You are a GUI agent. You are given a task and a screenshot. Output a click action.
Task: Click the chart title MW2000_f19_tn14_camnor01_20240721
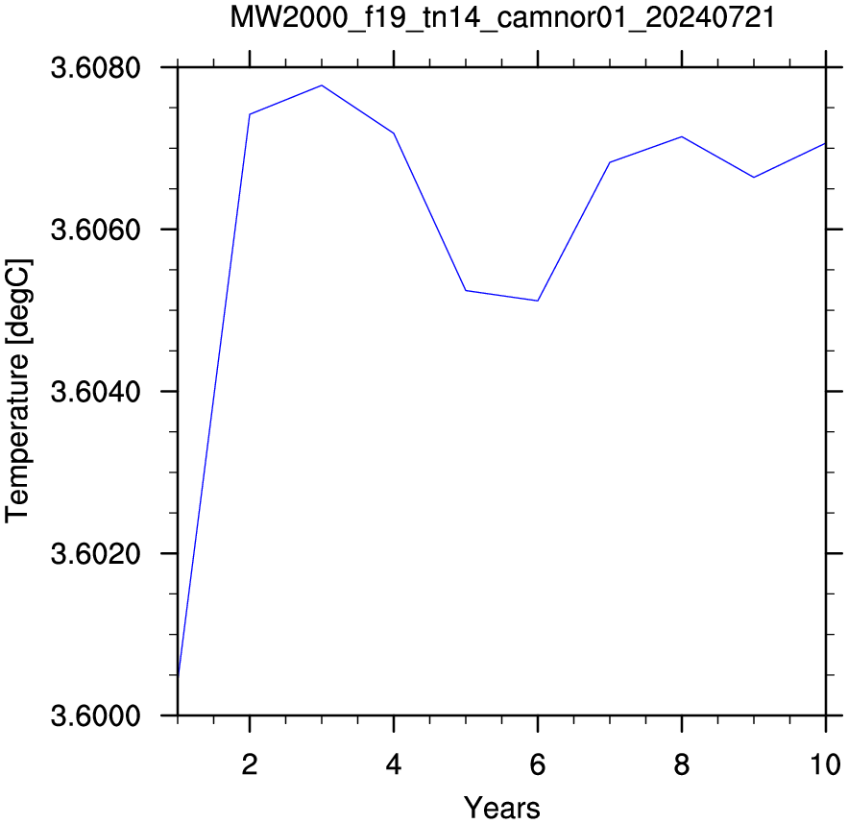coord(502,18)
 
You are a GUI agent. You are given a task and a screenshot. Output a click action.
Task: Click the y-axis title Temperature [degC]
coord(18,391)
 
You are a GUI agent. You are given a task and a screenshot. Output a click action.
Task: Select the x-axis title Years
coord(502,808)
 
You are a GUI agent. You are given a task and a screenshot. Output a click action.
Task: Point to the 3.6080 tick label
coord(96,67)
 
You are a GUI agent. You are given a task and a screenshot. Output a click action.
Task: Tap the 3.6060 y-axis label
coord(96,230)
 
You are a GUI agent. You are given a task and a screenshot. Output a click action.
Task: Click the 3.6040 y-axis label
coord(96,392)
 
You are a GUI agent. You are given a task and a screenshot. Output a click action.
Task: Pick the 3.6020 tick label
coord(96,554)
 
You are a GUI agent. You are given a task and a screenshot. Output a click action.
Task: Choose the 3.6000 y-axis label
coord(96,715)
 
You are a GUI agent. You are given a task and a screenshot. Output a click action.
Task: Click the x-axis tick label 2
coord(250,764)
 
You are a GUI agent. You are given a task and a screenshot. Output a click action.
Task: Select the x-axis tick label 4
coord(394,764)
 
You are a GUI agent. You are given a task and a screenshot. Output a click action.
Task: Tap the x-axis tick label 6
coord(538,764)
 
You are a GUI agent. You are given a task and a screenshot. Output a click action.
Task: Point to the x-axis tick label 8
coord(682,764)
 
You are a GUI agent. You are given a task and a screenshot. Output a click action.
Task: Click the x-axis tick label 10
coord(826,764)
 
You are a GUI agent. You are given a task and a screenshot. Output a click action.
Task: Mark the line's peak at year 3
coord(322,85)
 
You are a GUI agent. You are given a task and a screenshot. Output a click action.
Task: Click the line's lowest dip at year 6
coord(538,301)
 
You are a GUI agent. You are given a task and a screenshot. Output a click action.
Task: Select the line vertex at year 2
coord(250,114)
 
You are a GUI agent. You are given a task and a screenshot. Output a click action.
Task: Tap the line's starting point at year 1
coord(178,676)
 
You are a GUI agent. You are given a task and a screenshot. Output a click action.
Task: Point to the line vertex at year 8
coord(682,136)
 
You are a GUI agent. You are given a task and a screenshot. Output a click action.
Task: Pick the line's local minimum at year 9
coord(754,178)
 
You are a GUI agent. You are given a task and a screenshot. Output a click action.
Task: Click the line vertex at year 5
coord(466,290)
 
